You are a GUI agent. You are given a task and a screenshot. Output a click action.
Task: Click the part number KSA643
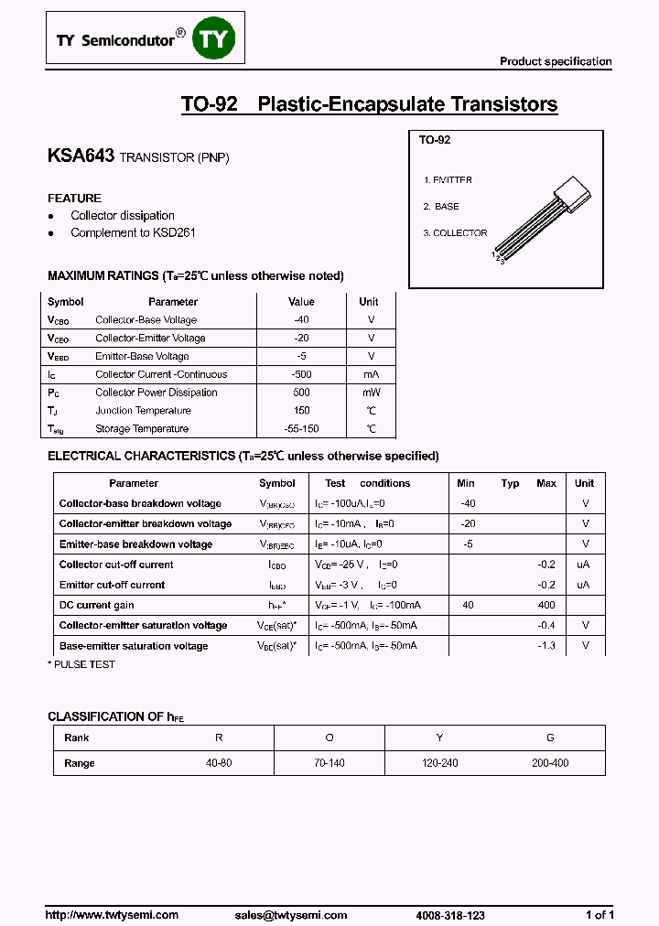coord(81,156)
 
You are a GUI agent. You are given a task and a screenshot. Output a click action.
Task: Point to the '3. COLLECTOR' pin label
coord(455,233)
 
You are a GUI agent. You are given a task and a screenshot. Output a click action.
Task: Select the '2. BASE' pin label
coord(441,207)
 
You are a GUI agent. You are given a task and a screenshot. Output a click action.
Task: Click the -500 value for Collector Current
coord(301,374)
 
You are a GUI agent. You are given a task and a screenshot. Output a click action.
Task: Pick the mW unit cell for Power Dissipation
coord(369,393)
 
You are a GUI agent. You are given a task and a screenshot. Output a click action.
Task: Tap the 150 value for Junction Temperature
coord(301,411)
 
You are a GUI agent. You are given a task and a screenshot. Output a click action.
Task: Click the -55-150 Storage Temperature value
coord(301,429)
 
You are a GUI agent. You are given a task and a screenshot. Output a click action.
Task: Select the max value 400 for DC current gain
coord(546,606)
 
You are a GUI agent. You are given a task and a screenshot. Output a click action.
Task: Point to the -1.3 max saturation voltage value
coord(546,646)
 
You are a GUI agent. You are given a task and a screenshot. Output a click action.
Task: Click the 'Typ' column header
coord(510,483)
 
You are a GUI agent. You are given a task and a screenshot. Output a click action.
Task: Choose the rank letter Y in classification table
coord(439,738)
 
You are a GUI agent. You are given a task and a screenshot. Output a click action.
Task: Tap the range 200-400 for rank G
coord(550,763)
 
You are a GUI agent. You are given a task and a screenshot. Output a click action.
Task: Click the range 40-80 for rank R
coord(219,763)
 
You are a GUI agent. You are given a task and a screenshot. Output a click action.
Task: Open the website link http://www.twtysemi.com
coord(112,915)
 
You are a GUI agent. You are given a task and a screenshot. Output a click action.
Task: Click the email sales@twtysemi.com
coord(291,915)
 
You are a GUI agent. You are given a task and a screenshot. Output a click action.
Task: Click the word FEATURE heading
coord(74,199)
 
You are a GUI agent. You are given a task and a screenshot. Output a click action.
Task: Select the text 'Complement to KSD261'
coord(133,233)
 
